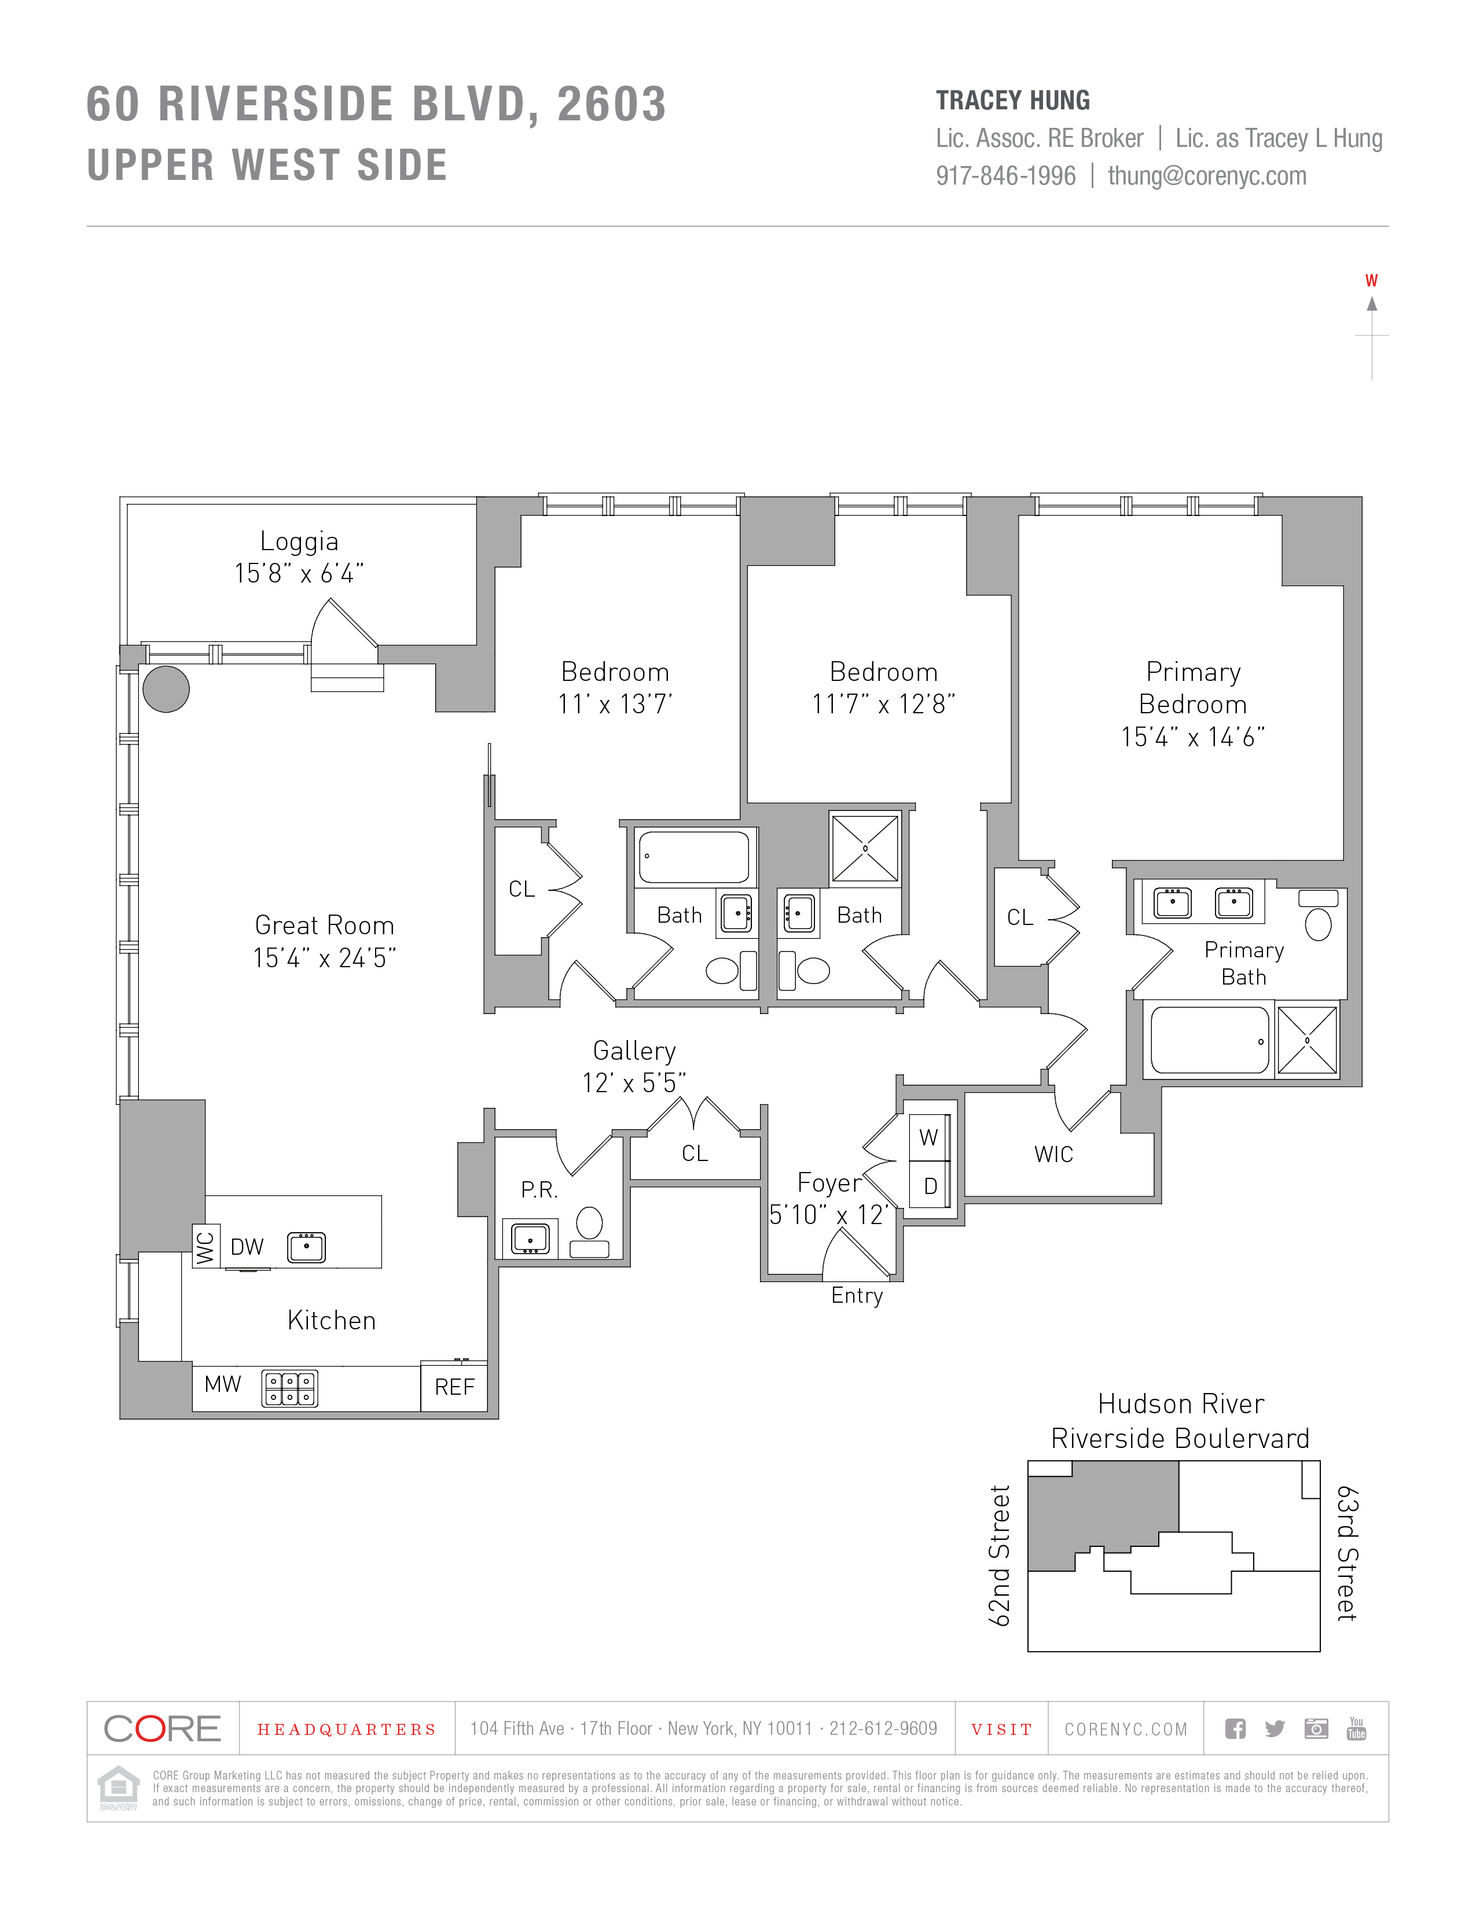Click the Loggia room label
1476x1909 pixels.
click(299, 542)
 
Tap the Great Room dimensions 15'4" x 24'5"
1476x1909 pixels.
click(324, 958)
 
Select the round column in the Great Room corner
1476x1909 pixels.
click(166, 689)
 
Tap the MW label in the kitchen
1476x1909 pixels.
click(222, 1384)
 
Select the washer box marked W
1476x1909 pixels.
click(928, 1137)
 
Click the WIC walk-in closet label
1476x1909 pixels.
click(1053, 1155)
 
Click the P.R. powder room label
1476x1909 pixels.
click(539, 1189)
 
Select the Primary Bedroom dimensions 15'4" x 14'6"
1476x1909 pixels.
click(1194, 737)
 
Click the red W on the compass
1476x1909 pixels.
click(1371, 281)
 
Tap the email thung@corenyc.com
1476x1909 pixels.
click(1207, 176)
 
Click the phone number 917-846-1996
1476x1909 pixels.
click(1005, 176)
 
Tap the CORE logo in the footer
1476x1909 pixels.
click(163, 1728)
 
